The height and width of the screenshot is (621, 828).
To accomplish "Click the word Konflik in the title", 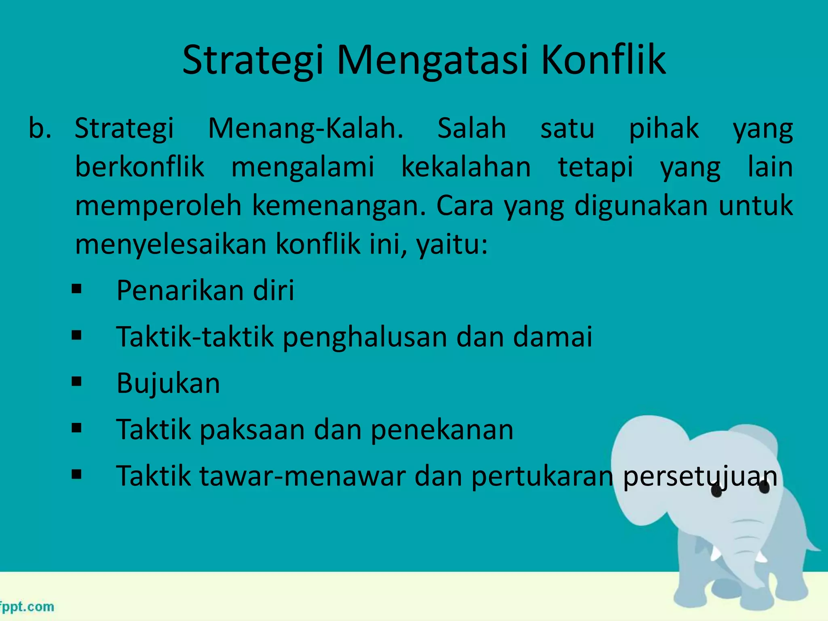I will point(603,61).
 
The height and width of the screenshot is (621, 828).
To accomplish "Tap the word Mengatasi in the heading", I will point(432,61).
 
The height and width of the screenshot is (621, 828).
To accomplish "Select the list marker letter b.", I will point(40,129).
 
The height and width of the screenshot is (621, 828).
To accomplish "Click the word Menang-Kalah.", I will point(306,129).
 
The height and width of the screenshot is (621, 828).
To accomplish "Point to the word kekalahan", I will point(466,167).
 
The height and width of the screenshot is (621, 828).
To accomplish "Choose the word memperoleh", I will point(158,205).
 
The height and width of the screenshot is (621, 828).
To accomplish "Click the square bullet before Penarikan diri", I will point(76,289).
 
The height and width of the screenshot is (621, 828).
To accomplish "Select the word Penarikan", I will point(180,290).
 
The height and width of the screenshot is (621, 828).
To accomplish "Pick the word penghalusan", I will point(365,337).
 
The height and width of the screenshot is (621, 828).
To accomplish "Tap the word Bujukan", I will point(168,383).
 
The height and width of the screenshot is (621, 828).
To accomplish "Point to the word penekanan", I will point(442,429).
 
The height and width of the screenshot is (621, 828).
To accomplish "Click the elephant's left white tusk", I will point(715,553).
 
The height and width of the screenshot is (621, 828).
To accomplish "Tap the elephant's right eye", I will point(764,488).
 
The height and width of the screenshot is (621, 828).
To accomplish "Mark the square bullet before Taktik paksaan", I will point(76,428).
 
